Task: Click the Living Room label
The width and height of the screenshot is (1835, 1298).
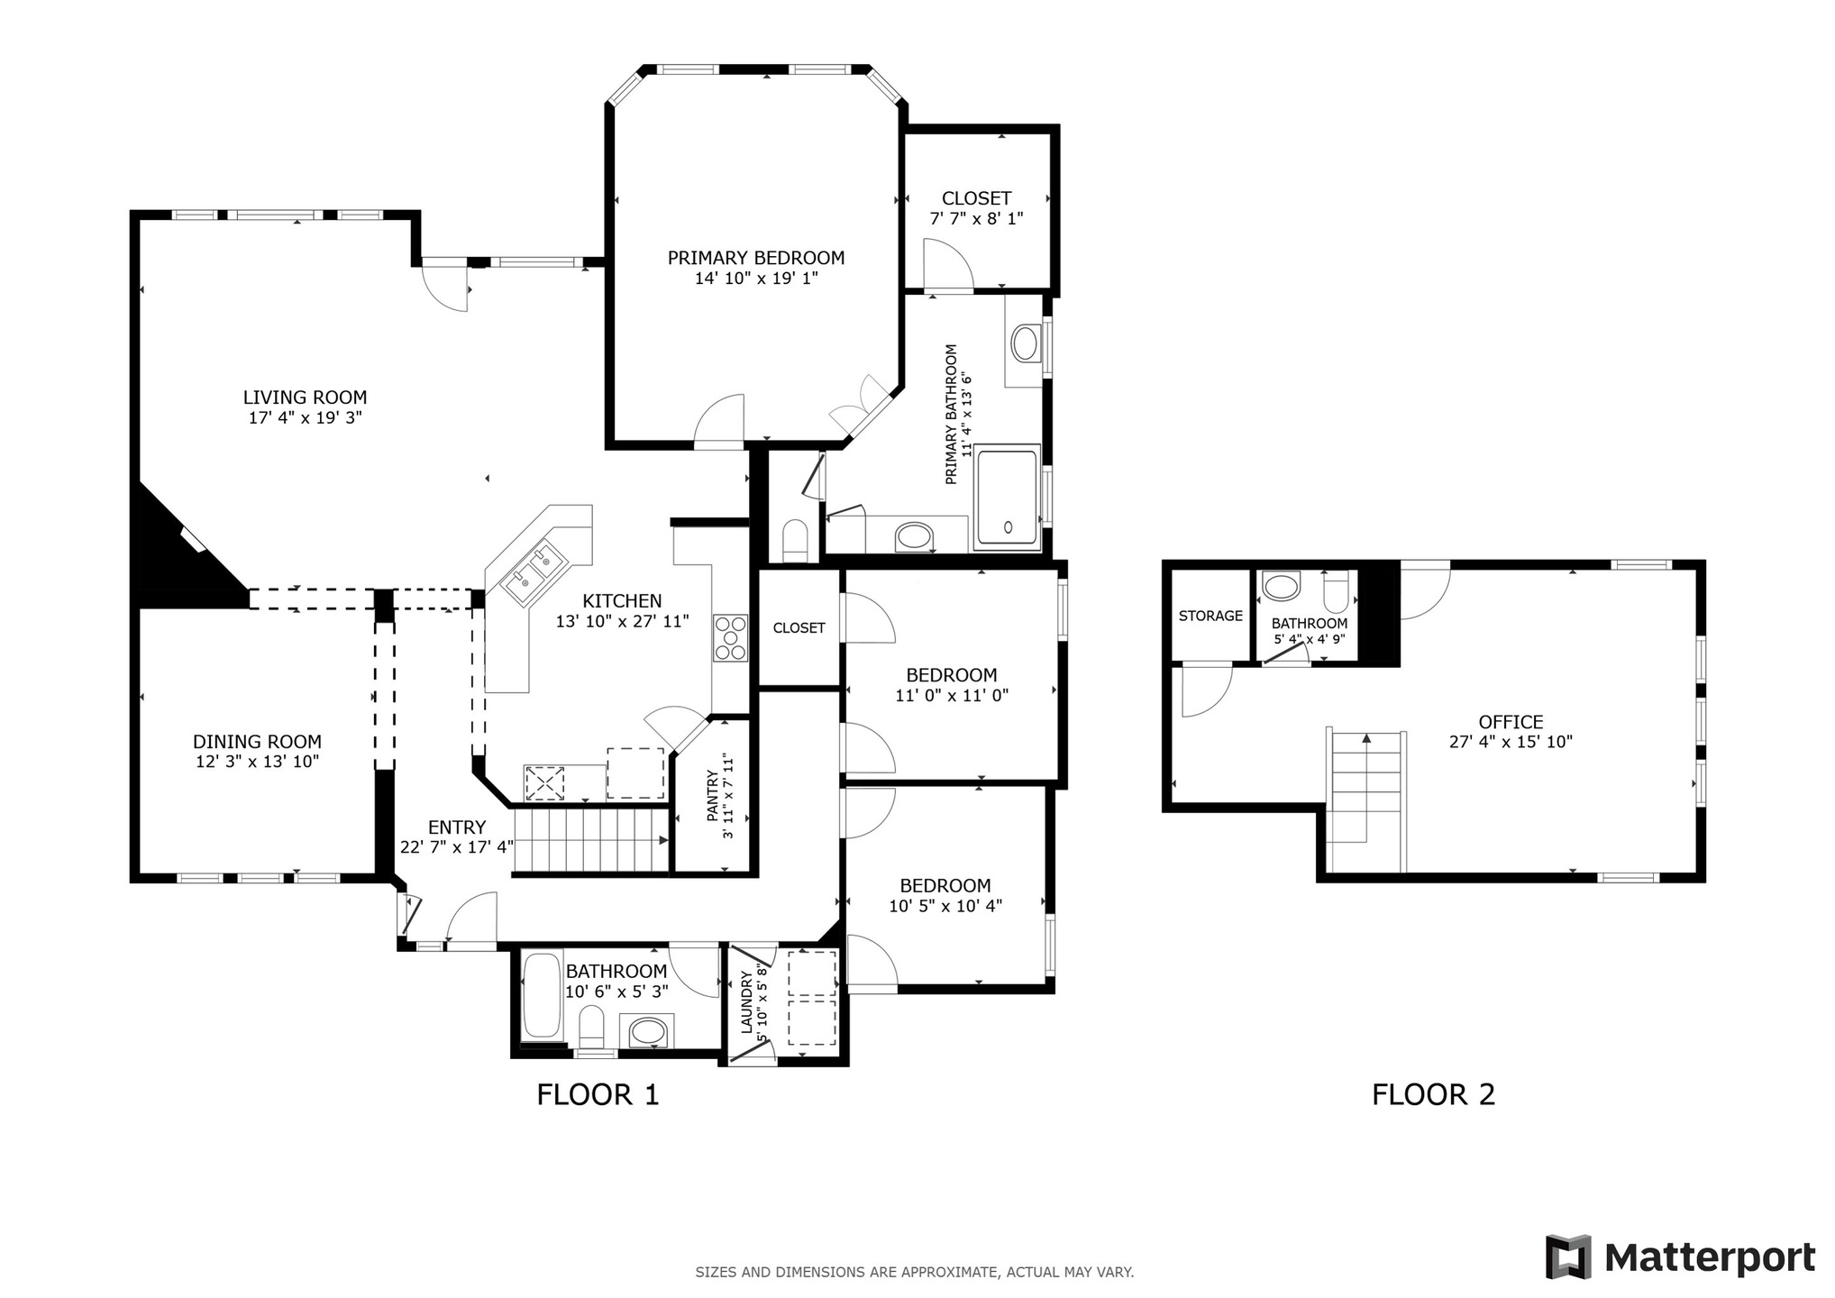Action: (305, 397)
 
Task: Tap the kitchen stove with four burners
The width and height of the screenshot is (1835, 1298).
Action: (730, 637)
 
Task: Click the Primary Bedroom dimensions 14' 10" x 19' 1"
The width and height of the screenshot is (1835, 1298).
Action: (755, 279)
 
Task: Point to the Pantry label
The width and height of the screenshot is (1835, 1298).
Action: (713, 795)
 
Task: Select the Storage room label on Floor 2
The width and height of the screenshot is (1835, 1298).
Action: (1210, 616)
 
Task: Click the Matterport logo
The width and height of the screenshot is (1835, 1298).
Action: (1680, 1257)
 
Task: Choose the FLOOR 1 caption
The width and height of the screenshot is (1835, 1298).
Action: (598, 1094)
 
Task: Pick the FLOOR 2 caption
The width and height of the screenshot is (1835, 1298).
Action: (1433, 1094)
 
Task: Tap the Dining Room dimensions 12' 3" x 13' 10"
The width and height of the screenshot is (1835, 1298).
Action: (257, 762)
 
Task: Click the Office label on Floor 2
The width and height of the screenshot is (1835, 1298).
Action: (1511, 721)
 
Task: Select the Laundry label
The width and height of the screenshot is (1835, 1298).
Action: (746, 1002)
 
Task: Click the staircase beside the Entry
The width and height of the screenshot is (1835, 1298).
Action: (590, 840)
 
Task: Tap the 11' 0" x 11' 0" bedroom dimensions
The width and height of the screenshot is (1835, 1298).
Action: (951, 695)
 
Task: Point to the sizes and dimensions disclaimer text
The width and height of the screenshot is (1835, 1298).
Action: (914, 1273)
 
